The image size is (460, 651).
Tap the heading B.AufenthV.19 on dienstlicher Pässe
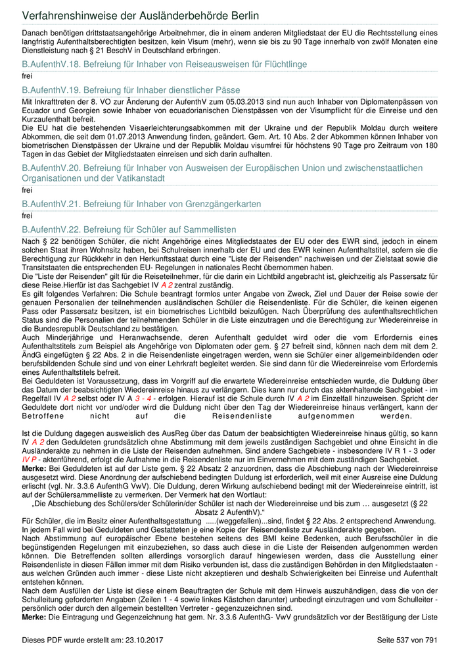[x=131, y=89]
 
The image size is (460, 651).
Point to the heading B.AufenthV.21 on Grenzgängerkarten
[x=141, y=205]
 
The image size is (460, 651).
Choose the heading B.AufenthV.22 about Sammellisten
[x=129, y=229]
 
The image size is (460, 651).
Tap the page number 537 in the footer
[x=402, y=640]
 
